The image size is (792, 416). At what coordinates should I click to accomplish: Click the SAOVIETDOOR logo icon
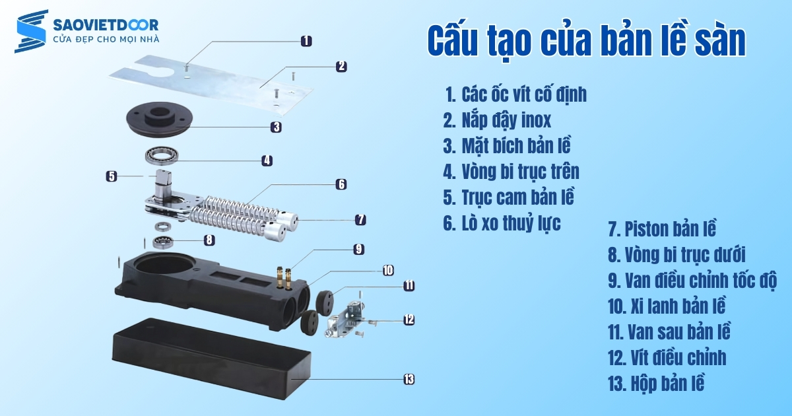[x=32, y=31]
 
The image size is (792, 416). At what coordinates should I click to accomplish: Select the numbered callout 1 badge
[x=306, y=41]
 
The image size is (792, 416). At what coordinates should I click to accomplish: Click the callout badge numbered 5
[x=112, y=176]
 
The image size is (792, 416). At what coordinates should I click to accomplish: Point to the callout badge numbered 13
[x=409, y=379]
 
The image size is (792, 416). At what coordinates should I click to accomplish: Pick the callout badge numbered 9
[x=358, y=249]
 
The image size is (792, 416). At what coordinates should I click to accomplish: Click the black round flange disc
[x=159, y=118]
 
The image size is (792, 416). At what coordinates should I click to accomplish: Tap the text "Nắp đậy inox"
[x=506, y=120]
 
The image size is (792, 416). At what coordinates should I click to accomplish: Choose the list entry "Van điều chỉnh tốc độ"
[x=692, y=280]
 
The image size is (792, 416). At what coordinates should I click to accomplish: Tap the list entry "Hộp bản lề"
[x=656, y=383]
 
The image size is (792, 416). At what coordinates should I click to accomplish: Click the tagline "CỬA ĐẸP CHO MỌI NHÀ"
[x=106, y=39]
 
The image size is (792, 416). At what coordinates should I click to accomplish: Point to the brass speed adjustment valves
[x=284, y=277]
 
